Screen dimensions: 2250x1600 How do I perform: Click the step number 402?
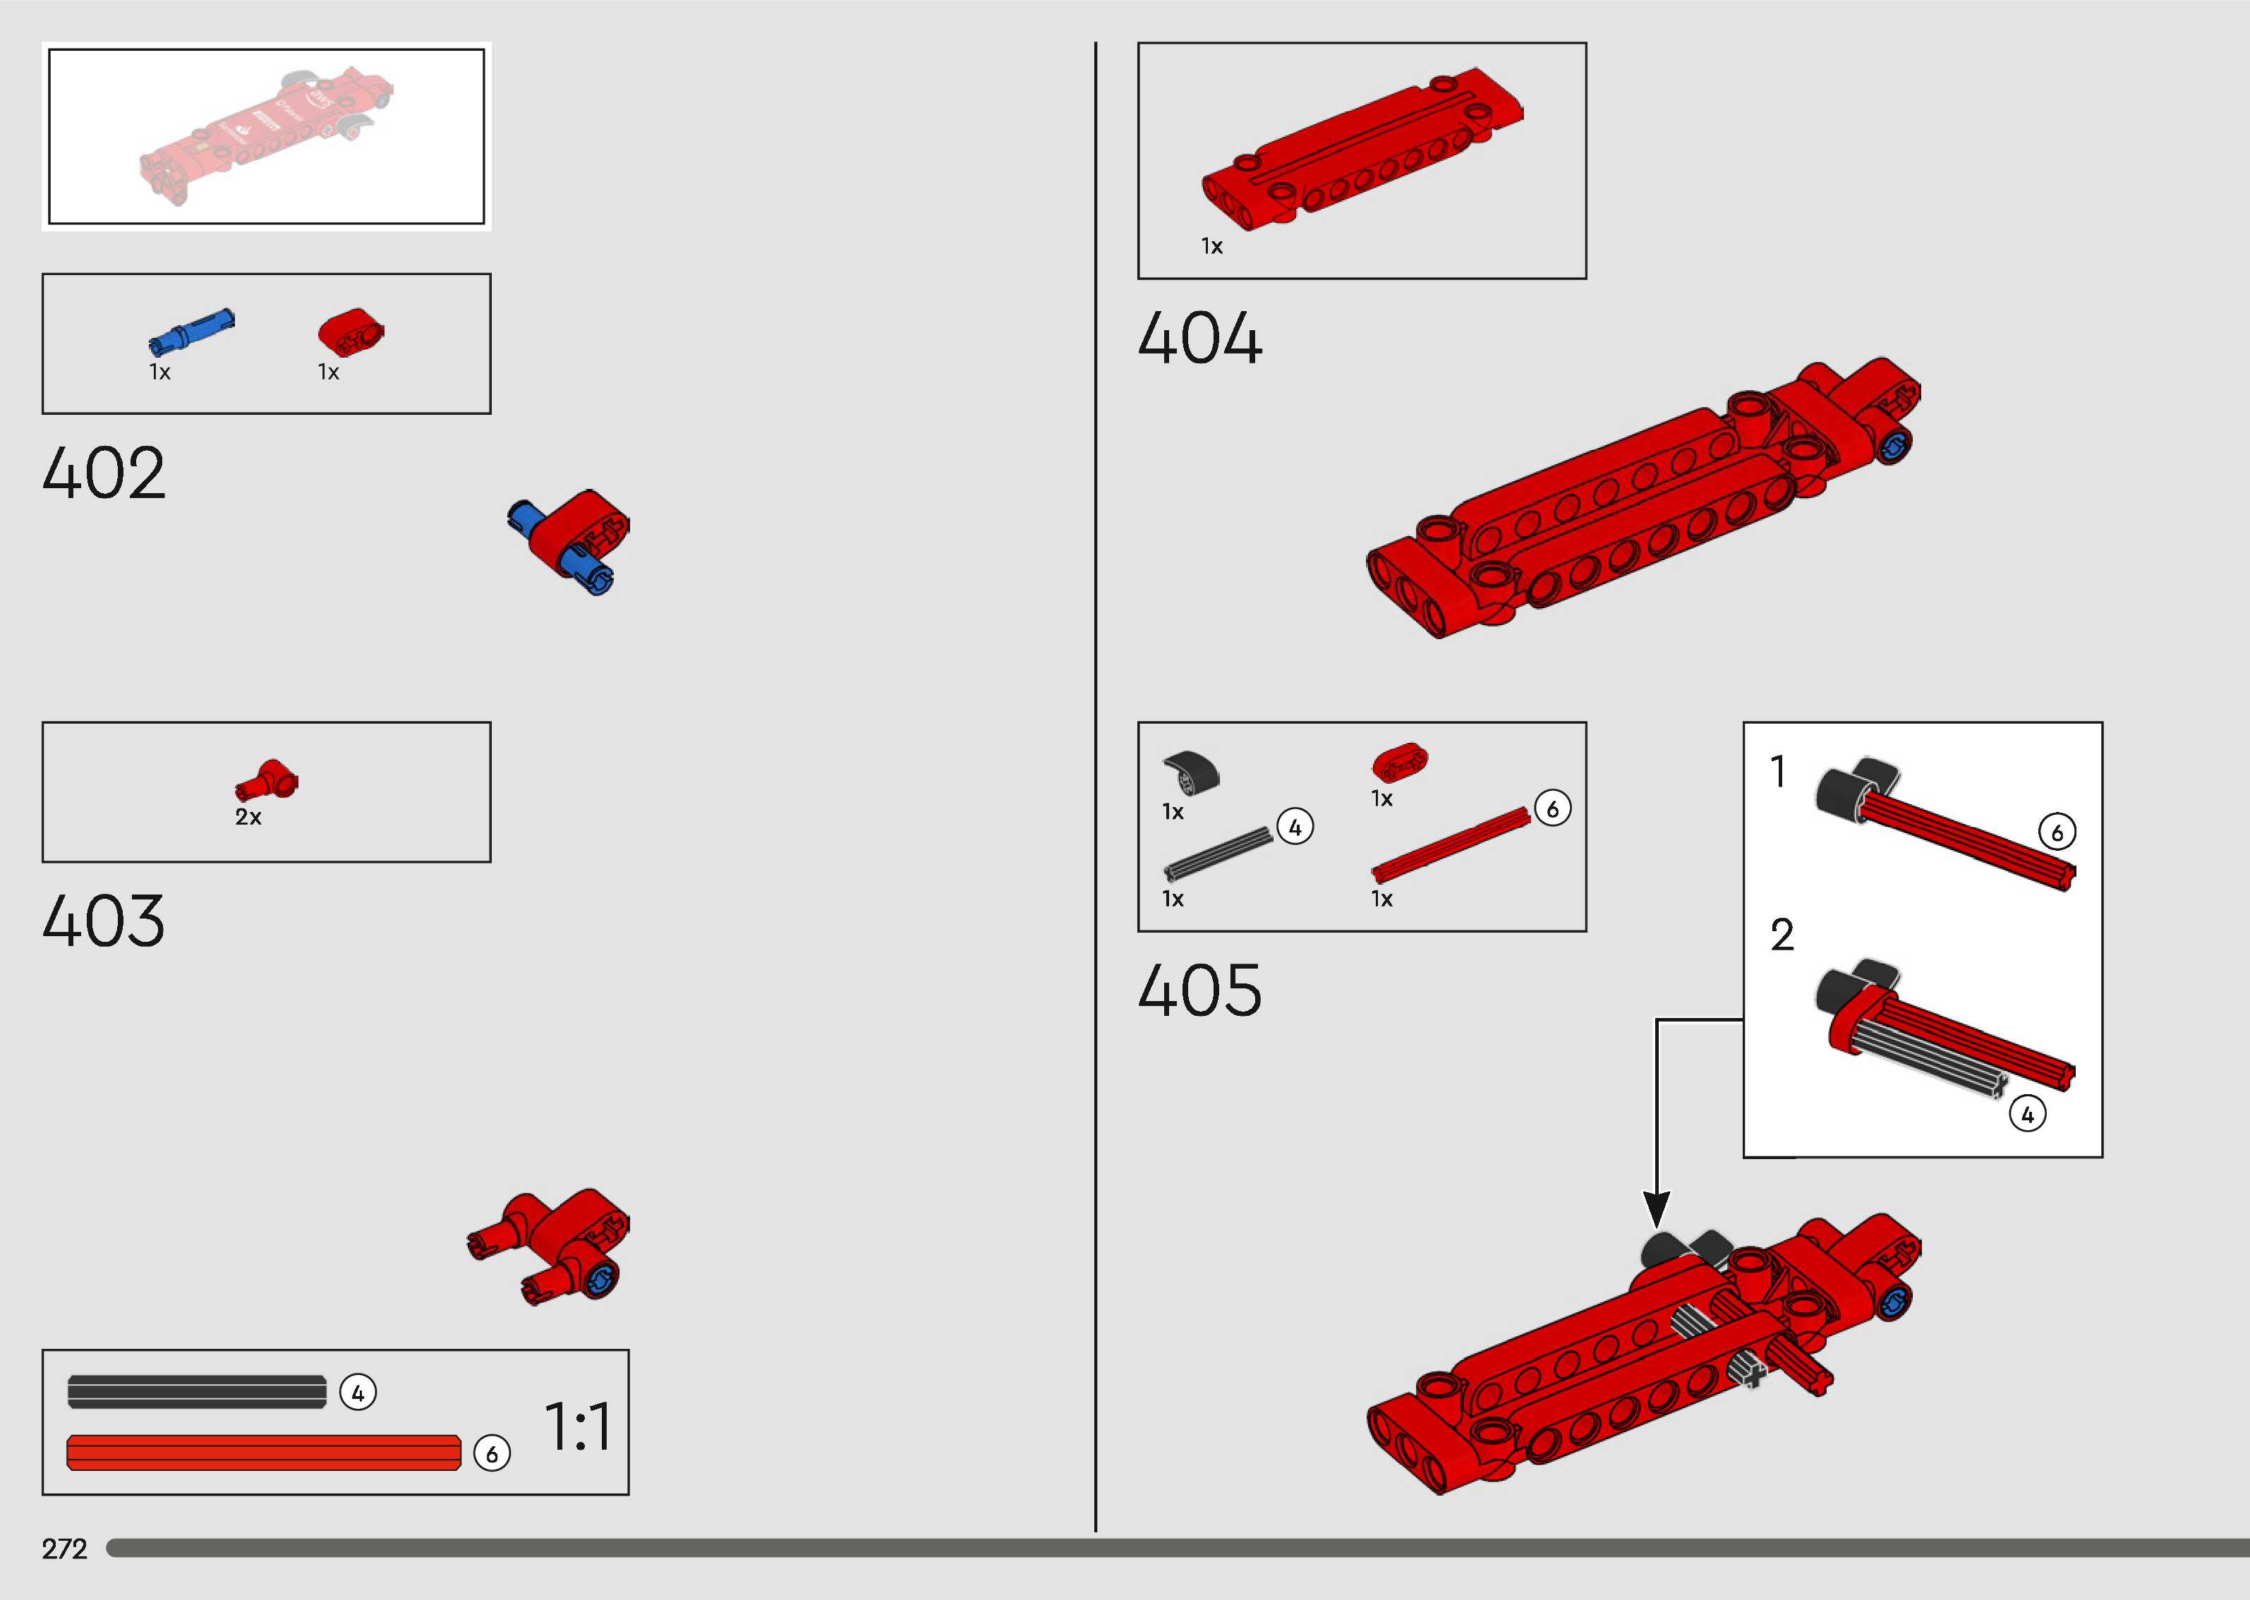pyautogui.click(x=104, y=474)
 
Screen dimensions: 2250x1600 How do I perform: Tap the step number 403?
pyautogui.click(x=104, y=922)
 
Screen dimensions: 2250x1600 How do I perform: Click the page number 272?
pyautogui.click(x=65, y=1549)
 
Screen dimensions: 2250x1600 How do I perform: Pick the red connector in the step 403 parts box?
pyautogui.click(x=267, y=780)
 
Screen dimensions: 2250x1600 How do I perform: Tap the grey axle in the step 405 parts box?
pyautogui.click(x=1218, y=852)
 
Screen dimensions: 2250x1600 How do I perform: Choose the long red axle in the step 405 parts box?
pyautogui.click(x=1450, y=844)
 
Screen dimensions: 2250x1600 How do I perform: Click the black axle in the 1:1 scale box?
pyautogui.click(x=197, y=1392)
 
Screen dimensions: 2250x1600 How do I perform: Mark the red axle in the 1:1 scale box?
pyautogui.click(x=264, y=1453)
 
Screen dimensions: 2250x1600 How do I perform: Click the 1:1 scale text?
pyautogui.click(x=579, y=1426)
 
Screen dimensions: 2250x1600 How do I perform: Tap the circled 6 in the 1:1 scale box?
pyautogui.click(x=492, y=1454)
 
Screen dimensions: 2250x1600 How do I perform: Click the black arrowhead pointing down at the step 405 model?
pyautogui.click(x=1657, y=1209)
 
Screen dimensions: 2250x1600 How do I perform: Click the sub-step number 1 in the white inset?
pyautogui.click(x=1778, y=772)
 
